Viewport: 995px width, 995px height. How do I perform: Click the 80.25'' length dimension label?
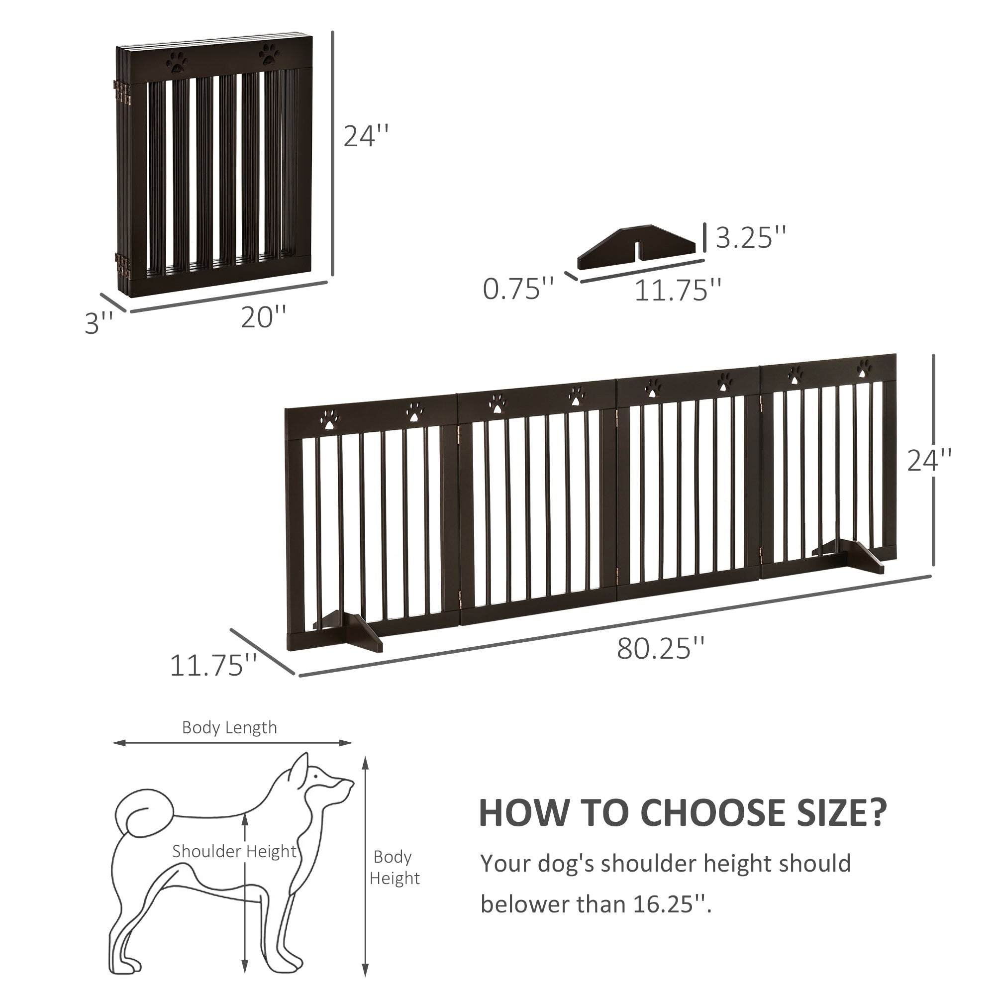point(660,648)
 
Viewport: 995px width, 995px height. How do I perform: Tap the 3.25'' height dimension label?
point(751,237)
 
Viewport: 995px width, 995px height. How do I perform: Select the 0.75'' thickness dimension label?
point(518,289)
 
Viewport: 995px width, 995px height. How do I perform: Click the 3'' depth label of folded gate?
point(99,323)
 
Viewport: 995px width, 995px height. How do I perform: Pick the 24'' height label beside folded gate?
point(366,136)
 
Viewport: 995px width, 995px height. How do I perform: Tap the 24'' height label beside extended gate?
point(929,460)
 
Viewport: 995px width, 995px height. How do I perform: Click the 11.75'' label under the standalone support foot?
point(677,290)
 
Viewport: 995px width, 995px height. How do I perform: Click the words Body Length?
point(229,728)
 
